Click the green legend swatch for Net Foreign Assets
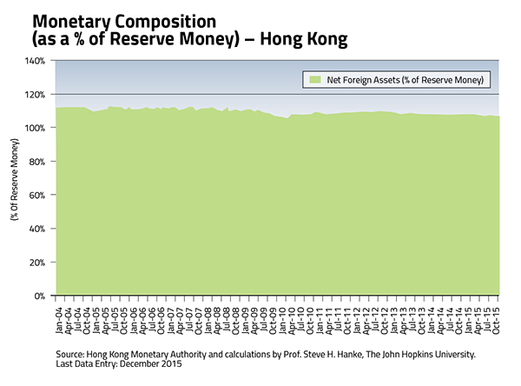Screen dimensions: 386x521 pyautogui.click(x=314, y=80)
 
